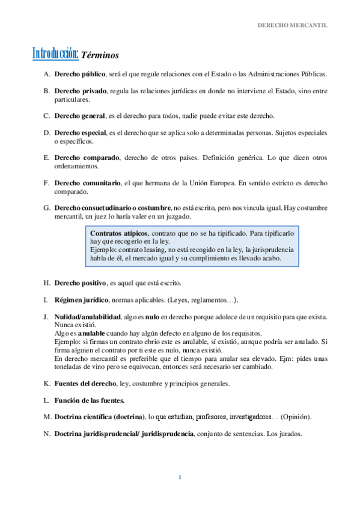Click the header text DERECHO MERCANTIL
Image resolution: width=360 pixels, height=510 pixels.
pyautogui.click(x=293, y=26)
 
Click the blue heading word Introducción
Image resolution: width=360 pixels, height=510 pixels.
pyautogui.click(x=55, y=54)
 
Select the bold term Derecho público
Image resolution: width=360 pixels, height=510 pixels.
pyautogui.click(x=79, y=75)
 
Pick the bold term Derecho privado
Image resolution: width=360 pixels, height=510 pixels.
pyautogui.click(x=80, y=91)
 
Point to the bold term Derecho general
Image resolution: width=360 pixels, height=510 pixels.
pyautogui.click(x=80, y=115)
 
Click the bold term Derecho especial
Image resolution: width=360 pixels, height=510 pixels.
pyautogui.click(x=80, y=132)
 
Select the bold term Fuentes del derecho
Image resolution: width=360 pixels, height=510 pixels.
pyautogui.click(x=85, y=383)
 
